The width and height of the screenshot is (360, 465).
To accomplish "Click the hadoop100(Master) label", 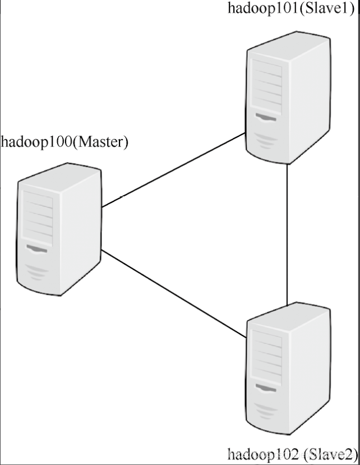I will (x=65, y=141).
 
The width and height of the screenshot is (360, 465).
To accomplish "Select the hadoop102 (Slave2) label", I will (x=292, y=453).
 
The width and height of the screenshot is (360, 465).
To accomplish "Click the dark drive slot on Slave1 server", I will (x=266, y=117).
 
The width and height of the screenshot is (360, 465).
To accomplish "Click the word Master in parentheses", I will (x=101, y=141).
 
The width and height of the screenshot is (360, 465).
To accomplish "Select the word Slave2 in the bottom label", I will (x=327, y=453).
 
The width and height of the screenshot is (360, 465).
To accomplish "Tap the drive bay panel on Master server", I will (x=37, y=217).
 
